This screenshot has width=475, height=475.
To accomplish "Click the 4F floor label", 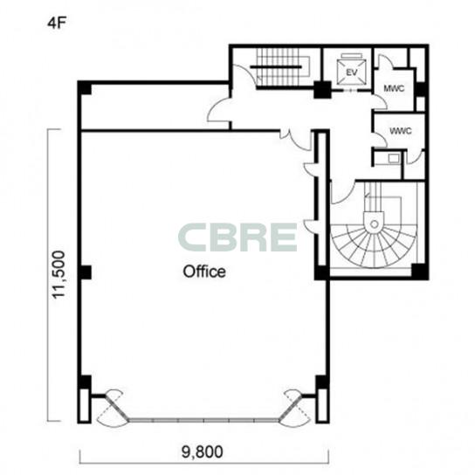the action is (x=57, y=24).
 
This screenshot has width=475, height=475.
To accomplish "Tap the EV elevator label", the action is (x=351, y=72).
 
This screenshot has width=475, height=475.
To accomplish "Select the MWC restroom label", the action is (x=394, y=88).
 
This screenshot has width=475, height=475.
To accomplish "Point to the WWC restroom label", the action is (x=401, y=131).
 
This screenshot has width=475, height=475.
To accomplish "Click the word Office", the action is (x=204, y=272).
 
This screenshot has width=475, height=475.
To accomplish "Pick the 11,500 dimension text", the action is (x=59, y=274).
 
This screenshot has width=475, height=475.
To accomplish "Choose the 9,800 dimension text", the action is (x=202, y=451).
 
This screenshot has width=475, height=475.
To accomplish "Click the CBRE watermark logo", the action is (x=237, y=237).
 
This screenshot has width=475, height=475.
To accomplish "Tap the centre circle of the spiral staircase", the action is (x=374, y=224).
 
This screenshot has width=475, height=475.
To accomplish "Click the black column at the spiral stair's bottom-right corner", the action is (x=419, y=271).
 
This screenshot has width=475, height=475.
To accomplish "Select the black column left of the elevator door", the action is (x=322, y=90).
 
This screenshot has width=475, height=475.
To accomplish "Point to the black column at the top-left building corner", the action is (x=85, y=88).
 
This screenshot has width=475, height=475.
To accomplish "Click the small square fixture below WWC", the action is (x=394, y=158).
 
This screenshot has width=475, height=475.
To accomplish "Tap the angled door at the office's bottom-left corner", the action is (x=112, y=408).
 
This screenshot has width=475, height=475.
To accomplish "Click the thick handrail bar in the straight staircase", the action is (x=276, y=66).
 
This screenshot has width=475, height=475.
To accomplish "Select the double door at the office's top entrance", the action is (x=295, y=139).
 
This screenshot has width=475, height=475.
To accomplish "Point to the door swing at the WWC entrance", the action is (x=380, y=140).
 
